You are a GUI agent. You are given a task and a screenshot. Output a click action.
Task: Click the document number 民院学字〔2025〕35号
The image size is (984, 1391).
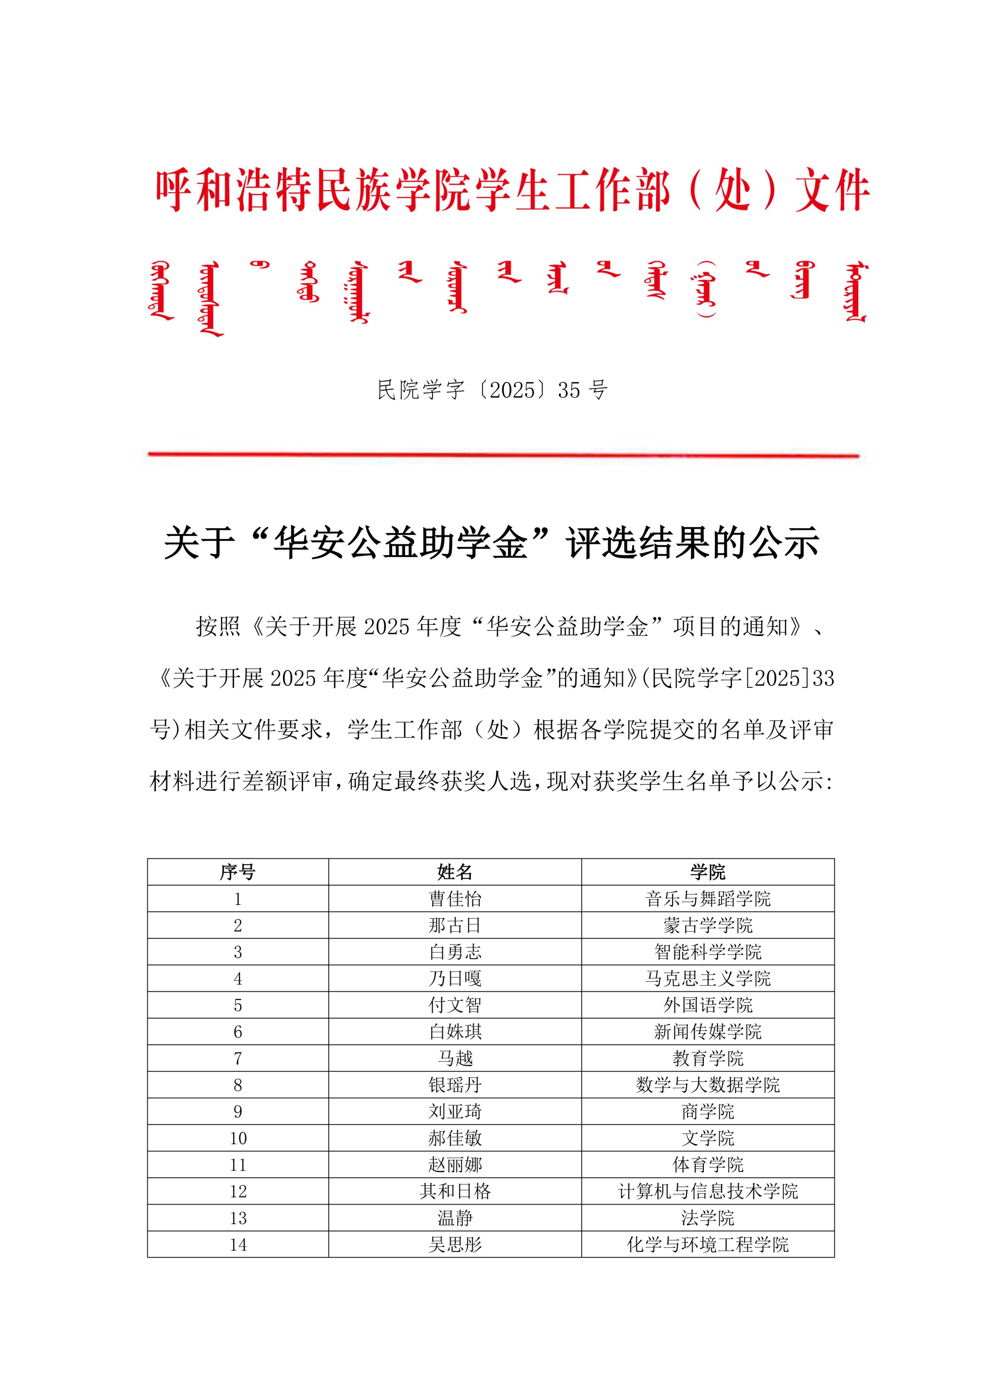492,390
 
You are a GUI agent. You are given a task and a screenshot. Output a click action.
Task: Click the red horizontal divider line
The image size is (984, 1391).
503,454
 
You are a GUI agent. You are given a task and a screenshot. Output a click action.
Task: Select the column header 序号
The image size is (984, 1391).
237,872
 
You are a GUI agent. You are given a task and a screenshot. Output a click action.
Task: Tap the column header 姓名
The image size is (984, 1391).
455,872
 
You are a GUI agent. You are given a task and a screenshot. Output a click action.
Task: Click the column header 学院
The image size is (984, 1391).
708,872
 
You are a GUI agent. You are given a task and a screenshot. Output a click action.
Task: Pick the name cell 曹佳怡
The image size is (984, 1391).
455,899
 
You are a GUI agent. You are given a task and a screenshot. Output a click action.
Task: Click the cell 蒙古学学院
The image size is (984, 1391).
708,925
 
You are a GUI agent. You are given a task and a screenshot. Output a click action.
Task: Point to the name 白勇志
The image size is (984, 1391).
455,952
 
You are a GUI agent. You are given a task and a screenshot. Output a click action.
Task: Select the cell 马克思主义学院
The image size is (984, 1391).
708,978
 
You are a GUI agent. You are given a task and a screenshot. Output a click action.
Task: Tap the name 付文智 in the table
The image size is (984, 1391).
455,1005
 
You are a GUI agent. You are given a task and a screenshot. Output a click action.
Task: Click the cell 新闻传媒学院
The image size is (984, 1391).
708,1032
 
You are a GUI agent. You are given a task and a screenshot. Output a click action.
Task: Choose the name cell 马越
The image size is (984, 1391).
455,1059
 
